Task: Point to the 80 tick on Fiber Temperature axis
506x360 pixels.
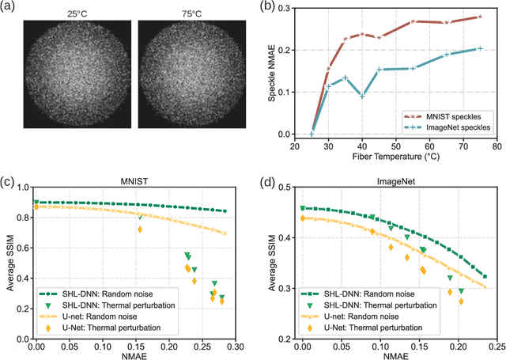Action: click(x=497, y=146)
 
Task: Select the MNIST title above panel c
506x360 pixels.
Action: click(x=131, y=181)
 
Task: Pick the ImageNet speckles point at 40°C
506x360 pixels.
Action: click(x=362, y=97)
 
